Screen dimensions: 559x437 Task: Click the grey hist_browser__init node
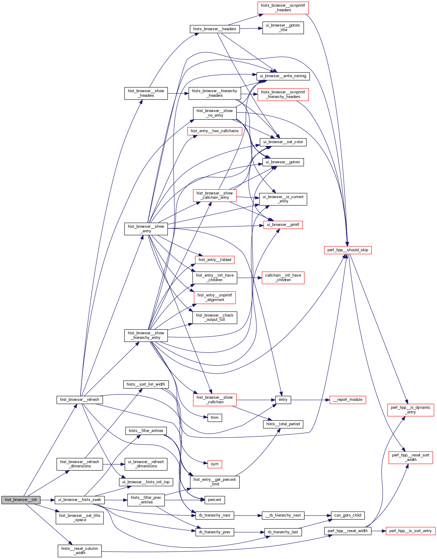21,500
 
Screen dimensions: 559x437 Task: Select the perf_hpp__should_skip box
348,250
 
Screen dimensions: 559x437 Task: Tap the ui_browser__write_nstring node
283,76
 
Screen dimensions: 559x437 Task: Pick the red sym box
215,464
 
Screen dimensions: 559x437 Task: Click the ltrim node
215,418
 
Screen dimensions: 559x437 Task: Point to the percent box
215,500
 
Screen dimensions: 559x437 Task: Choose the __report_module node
348,400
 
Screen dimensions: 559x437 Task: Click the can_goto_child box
348,515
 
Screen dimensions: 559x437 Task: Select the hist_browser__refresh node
79,400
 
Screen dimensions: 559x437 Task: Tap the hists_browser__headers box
215,29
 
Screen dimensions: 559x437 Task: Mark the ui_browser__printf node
283,225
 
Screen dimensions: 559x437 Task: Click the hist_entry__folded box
215,260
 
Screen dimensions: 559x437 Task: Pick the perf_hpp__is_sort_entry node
410,531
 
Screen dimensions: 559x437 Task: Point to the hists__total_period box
283,424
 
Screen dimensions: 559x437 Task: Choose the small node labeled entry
283,400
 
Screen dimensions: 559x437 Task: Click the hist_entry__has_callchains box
215,131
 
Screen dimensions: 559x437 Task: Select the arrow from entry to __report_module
310,400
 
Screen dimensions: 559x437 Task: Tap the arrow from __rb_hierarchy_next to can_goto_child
317,515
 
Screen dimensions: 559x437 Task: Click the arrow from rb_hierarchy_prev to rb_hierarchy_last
249,532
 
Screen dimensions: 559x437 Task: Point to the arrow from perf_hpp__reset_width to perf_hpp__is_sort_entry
378,531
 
